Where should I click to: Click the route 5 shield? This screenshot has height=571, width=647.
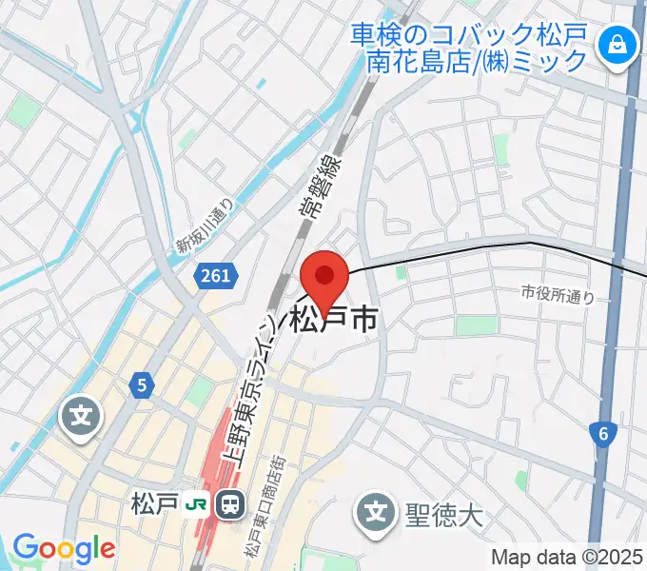(x=142, y=385)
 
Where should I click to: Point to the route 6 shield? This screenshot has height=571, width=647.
(x=602, y=435)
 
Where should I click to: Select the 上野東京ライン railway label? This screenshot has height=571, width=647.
(x=248, y=390)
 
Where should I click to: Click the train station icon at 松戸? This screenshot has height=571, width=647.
(x=229, y=503)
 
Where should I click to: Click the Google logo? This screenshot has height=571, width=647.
(x=63, y=549)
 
